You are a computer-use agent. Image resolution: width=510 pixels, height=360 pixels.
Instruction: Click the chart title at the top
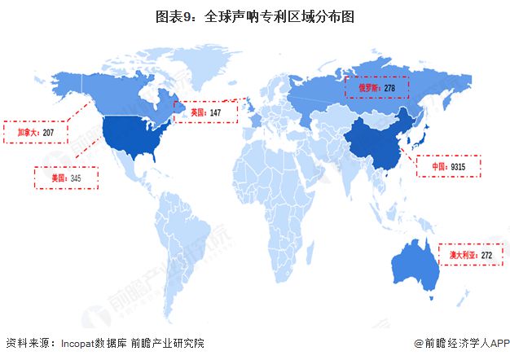(254, 15)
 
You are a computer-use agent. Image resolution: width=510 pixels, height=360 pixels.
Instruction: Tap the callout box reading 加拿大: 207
(34, 131)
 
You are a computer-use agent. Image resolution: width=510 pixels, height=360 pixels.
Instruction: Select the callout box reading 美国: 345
(65, 178)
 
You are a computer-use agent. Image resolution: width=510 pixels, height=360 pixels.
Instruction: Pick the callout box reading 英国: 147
(206, 112)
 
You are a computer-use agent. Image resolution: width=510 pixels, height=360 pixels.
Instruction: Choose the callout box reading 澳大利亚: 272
(471, 255)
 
